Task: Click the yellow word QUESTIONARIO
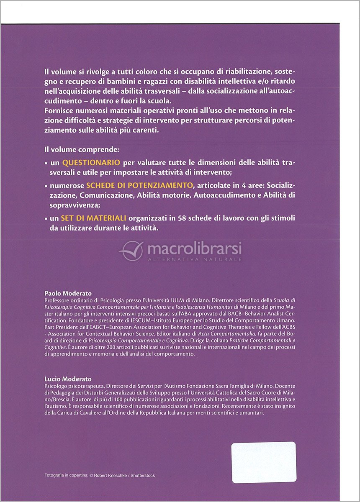point(91,162)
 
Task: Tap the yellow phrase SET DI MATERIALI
point(88,218)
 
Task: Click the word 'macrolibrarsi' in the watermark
point(194,250)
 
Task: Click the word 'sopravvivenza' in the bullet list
point(70,205)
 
